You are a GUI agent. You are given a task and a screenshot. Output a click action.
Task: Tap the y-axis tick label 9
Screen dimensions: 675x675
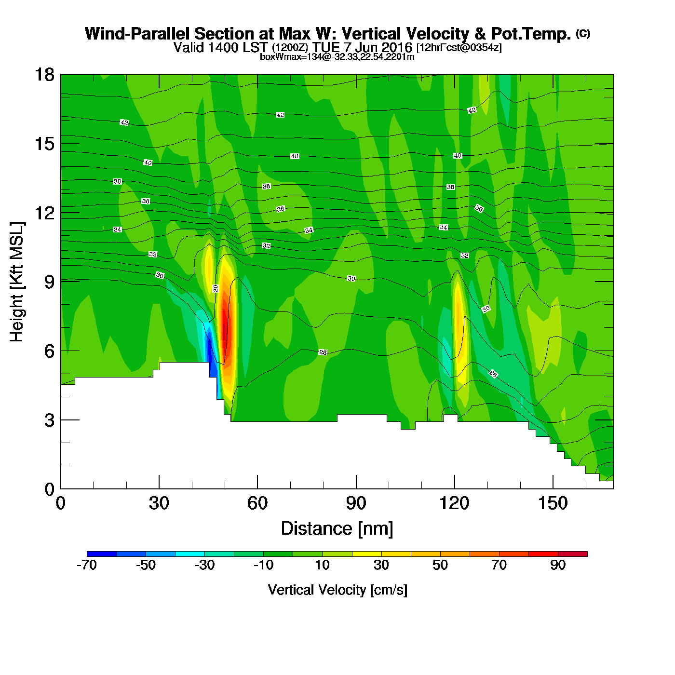pyautogui.click(x=49, y=282)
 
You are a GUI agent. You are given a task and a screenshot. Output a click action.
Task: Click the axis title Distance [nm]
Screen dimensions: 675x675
pyautogui.click(x=337, y=529)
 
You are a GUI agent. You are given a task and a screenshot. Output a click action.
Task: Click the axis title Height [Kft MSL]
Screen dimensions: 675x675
pyautogui.click(x=17, y=282)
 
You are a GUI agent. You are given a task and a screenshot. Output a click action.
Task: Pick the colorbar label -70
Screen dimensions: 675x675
pyautogui.click(x=87, y=565)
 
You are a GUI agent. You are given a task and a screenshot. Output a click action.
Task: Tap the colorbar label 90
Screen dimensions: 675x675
pyautogui.click(x=558, y=565)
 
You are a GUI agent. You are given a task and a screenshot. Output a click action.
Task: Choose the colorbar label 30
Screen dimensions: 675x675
pyautogui.click(x=381, y=565)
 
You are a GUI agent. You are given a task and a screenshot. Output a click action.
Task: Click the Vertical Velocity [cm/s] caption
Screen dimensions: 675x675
pyautogui.click(x=337, y=590)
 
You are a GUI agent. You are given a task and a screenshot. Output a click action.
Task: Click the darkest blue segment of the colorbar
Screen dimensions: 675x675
pyautogui.click(x=102, y=553)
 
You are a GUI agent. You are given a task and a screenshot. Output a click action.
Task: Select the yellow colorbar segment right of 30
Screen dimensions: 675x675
pyautogui.click(x=396, y=553)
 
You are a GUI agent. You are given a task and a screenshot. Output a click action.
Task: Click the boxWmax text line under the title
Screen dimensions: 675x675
pyautogui.click(x=337, y=57)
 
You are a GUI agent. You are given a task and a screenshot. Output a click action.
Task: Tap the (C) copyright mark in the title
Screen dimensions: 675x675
pyautogui.click(x=583, y=33)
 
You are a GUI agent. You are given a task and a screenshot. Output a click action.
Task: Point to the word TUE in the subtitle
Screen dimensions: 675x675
pyautogui.click(x=326, y=47)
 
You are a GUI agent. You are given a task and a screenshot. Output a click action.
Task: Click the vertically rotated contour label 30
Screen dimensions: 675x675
pyautogui.click(x=216, y=288)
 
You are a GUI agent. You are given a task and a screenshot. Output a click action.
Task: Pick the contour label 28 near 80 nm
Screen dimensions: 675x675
pyautogui.click(x=323, y=352)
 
